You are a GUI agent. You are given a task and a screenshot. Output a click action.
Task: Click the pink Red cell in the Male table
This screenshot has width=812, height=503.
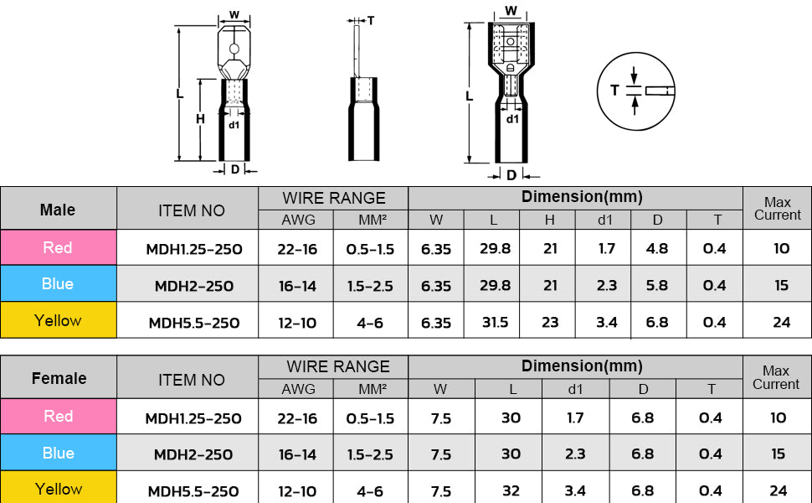(x=58, y=248)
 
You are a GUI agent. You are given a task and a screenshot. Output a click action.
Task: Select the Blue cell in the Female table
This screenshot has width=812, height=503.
(x=58, y=453)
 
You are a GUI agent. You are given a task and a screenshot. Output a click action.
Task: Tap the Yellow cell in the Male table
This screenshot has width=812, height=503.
(x=58, y=320)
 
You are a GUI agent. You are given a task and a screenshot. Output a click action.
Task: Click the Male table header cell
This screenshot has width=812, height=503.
(x=58, y=210)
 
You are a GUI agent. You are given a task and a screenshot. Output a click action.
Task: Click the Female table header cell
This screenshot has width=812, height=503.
(x=58, y=378)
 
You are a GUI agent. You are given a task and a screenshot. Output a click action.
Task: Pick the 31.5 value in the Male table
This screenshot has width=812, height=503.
(x=491, y=322)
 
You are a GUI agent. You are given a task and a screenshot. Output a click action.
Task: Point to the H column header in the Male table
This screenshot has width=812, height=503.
(x=549, y=220)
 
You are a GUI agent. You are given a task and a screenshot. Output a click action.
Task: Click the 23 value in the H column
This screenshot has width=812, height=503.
(x=549, y=322)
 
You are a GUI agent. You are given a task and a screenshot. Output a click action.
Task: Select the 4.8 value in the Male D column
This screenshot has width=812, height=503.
(x=658, y=249)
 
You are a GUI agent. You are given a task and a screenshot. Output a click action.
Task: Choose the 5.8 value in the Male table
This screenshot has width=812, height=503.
(x=658, y=285)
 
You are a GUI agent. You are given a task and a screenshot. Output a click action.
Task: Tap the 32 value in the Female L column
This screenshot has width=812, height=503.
(x=510, y=490)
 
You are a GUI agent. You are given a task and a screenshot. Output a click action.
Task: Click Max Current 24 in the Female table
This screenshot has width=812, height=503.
(x=779, y=490)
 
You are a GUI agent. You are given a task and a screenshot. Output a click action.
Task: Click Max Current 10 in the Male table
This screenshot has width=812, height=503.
(x=781, y=249)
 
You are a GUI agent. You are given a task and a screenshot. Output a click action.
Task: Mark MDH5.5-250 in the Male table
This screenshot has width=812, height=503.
(x=193, y=323)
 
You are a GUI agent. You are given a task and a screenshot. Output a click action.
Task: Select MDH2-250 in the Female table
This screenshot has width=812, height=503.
(x=193, y=454)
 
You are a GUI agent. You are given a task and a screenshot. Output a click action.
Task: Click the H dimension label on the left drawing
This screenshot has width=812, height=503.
(x=200, y=119)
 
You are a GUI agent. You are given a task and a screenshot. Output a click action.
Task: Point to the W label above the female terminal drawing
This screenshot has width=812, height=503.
(x=511, y=12)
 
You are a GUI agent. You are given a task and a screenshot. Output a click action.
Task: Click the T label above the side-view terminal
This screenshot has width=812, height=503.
(x=370, y=20)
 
